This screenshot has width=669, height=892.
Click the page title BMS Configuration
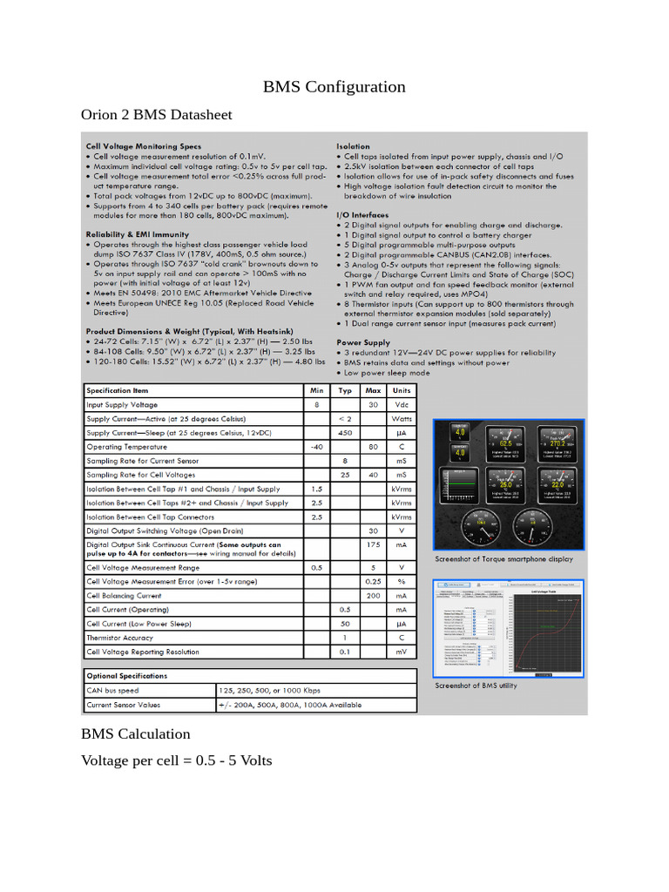click(334, 86)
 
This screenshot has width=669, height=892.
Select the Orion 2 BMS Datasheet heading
click(156, 115)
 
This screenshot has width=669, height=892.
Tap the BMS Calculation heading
click(135, 733)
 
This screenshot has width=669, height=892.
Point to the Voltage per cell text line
click(176, 760)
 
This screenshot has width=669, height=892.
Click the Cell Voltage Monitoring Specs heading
click(143, 146)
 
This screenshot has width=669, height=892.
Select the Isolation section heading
click(353, 146)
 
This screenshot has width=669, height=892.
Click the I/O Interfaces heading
click(362, 214)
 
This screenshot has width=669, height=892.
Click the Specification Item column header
click(118, 390)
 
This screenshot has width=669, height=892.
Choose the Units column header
click(401, 390)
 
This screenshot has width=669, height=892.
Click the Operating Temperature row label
click(127, 446)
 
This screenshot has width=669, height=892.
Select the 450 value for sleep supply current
click(345, 432)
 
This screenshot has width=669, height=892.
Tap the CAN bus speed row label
click(113, 690)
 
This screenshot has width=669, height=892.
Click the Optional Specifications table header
click(127, 675)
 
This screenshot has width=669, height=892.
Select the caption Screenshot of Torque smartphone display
click(503, 558)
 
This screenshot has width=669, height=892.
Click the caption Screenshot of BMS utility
click(476, 686)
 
